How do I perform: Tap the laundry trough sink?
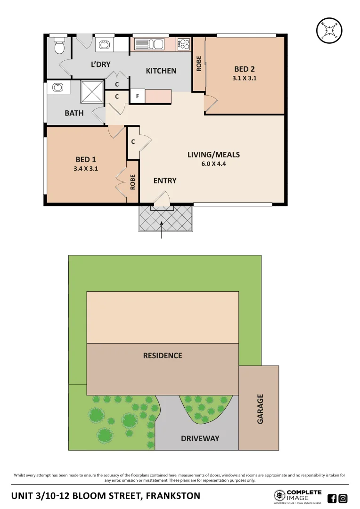point(103,45)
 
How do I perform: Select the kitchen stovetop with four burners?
point(183,45)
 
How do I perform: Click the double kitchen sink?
point(148,45)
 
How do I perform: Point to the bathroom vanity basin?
point(58,87)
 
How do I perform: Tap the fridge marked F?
point(137,96)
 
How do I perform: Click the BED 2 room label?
point(245,69)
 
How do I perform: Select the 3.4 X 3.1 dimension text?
point(86,168)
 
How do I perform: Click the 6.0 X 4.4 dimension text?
point(213,164)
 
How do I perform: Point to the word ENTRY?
point(165,181)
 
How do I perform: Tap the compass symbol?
point(329,30)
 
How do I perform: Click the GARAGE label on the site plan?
point(260,409)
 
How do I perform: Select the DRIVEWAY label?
point(200,438)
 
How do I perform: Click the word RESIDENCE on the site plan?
point(163,355)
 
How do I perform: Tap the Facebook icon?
point(332,498)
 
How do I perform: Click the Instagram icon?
point(343,498)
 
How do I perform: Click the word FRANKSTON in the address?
point(173,496)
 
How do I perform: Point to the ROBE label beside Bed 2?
point(198,64)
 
